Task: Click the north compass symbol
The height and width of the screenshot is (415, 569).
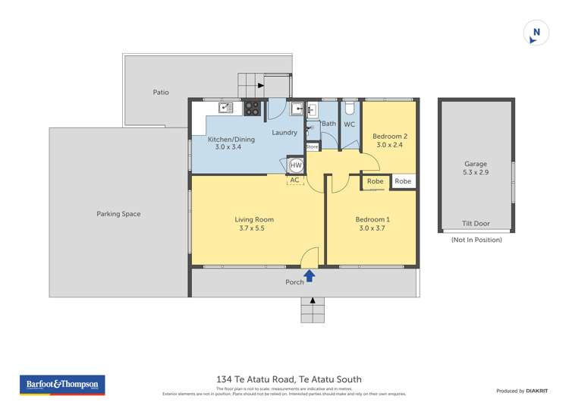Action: (x=536, y=33)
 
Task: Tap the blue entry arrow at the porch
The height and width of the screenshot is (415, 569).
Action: (x=310, y=276)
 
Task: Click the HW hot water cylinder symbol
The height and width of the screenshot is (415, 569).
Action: (x=296, y=165)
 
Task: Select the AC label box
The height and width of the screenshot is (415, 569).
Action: (x=294, y=181)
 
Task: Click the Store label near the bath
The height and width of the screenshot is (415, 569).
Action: (x=312, y=146)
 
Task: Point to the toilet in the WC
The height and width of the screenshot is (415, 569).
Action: (x=348, y=108)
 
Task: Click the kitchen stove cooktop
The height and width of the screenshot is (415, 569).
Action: (x=252, y=108)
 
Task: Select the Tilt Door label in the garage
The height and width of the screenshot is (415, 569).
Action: (x=476, y=224)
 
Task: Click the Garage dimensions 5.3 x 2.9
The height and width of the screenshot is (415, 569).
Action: (x=476, y=173)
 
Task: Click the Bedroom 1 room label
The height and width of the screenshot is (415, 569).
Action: (x=371, y=220)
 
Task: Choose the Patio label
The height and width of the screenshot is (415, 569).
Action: (x=161, y=93)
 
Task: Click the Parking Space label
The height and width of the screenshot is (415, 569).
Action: (x=118, y=214)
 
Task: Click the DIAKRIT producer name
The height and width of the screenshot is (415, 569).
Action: (x=536, y=391)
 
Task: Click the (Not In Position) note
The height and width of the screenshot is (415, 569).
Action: (x=476, y=240)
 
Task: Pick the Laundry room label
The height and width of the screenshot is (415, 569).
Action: (x=285, y=133)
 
